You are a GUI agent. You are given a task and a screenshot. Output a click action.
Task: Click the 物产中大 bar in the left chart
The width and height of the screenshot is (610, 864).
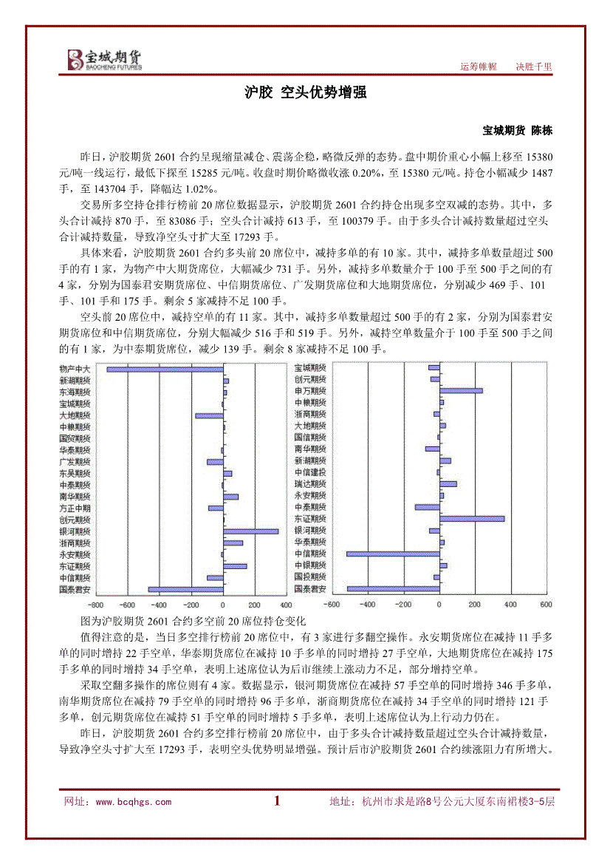165,369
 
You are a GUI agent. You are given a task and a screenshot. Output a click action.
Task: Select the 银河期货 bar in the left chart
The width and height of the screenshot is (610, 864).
251,531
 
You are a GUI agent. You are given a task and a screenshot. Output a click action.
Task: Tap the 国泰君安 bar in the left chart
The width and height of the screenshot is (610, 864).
185,589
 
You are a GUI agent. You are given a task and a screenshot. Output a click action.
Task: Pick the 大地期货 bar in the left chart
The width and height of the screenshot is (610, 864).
209,415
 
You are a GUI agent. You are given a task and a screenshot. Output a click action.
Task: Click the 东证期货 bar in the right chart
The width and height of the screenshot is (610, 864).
472,519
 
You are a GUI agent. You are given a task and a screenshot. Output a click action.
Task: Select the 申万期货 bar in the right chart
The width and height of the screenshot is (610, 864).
461,390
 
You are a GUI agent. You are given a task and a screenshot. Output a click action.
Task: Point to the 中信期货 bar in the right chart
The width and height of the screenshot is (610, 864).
393,554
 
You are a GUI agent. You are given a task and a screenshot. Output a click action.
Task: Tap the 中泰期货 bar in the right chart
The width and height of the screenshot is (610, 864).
427,507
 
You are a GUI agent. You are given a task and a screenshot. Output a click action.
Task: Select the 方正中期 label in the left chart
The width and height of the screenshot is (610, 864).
75,508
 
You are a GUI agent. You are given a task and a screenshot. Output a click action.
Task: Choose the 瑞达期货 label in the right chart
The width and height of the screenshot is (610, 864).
310,483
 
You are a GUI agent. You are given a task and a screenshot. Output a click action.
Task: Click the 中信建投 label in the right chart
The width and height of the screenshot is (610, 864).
310,472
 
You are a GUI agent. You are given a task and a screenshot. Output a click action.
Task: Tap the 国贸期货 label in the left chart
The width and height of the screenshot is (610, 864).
75,438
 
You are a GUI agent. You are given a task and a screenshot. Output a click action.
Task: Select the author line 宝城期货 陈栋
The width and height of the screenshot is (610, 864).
517,130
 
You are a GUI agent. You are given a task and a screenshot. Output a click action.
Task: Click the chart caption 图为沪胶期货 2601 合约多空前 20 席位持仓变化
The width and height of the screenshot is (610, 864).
192,621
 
